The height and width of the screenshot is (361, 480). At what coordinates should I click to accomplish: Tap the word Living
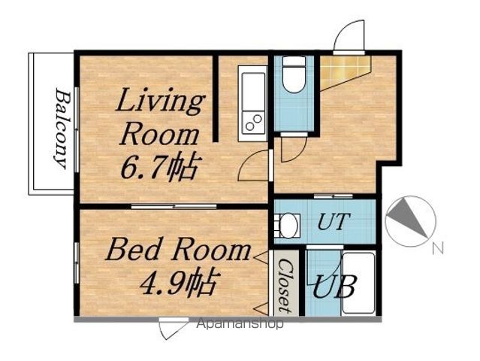click(x=160, y=101)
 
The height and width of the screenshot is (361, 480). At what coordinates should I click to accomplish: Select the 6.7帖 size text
click(x=158, y=168)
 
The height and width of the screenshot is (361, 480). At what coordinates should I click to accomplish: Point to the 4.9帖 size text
click(x=180, y=282)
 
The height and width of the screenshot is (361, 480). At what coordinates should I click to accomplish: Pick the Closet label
click(x=285, y=286)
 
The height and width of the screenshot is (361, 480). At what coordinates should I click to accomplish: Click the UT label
click(x=334, y=222)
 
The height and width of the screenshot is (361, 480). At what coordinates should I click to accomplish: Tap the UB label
click(x=334, y=287)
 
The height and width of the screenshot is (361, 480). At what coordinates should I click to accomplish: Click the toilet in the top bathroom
click(x=294, y=74)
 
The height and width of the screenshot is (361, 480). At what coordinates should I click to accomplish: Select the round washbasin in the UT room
click(x=288, y=226)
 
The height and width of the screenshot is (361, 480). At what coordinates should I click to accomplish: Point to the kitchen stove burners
click(x=254, y=123)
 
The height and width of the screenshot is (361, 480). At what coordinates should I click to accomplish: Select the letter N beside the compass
click(x=438, y=247)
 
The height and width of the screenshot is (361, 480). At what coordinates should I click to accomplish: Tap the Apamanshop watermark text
click(x=240, y=323)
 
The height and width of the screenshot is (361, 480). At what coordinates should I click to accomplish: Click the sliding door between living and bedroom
click(x=174, y=207)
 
